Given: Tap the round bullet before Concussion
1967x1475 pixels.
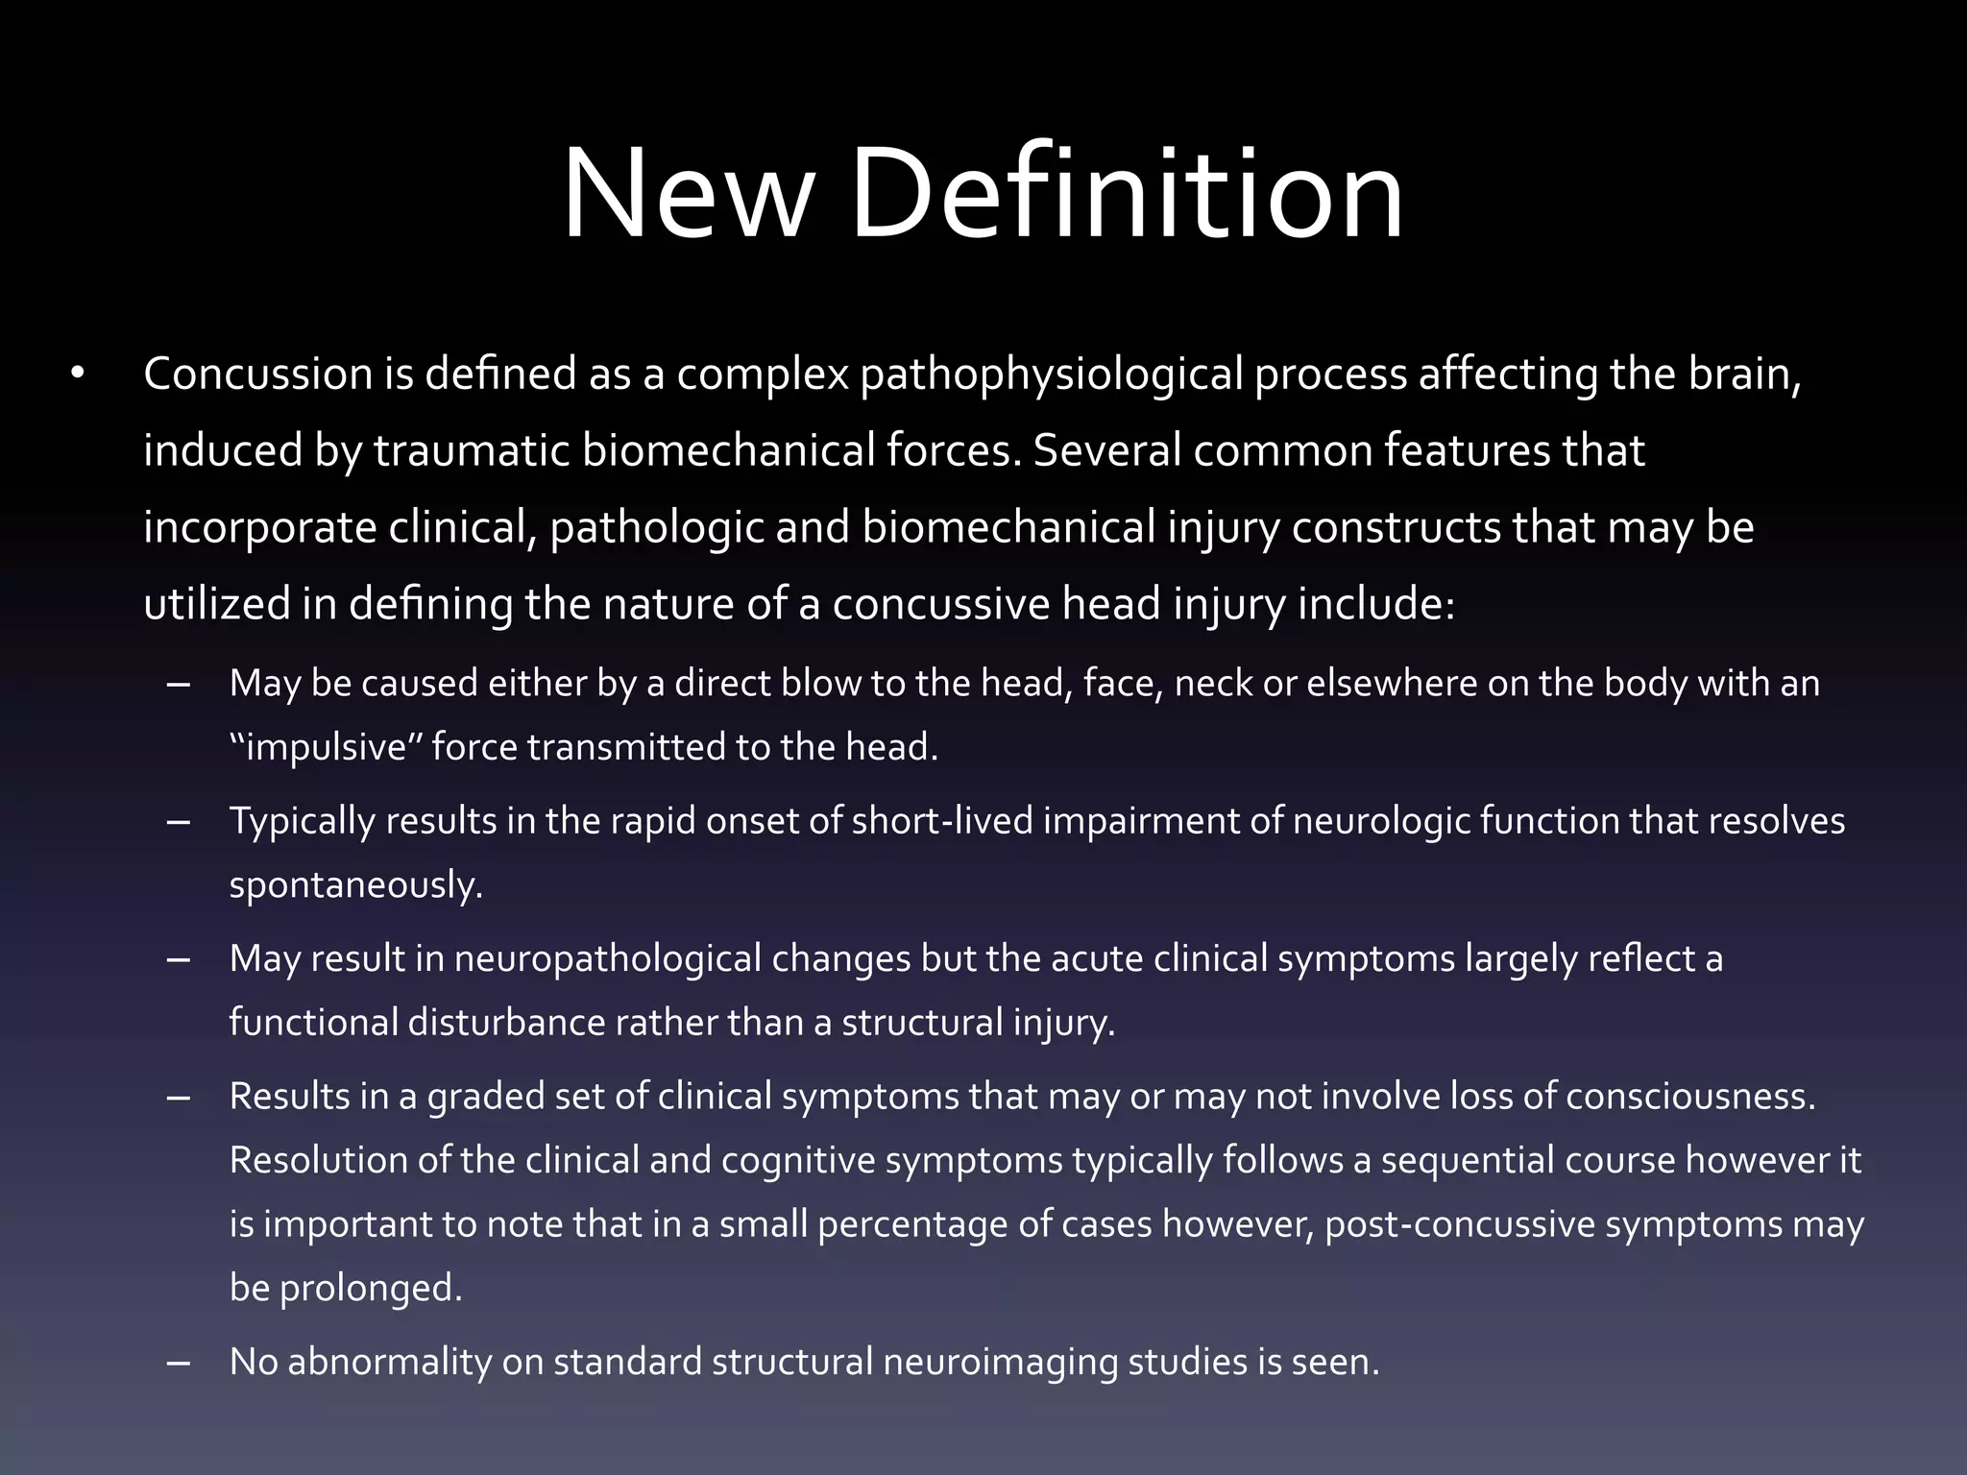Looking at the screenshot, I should [78, 374].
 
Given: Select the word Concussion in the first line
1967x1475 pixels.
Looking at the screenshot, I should [257, 374].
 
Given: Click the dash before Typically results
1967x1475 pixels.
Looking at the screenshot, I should [178, 822].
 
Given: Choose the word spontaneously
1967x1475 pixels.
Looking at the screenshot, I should [355, 885].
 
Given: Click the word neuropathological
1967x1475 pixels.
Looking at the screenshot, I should [682, 959].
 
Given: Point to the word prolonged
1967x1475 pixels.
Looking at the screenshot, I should [371, 1289].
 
